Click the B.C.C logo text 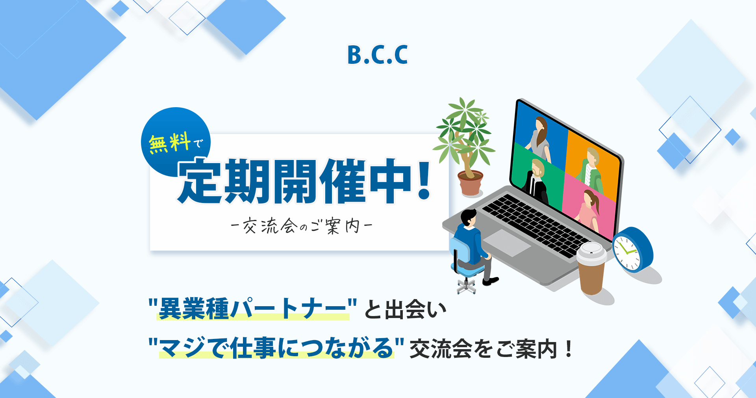377,55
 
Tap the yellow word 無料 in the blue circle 170,143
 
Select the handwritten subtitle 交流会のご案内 302,227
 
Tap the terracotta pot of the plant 470,183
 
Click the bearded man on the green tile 536,179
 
